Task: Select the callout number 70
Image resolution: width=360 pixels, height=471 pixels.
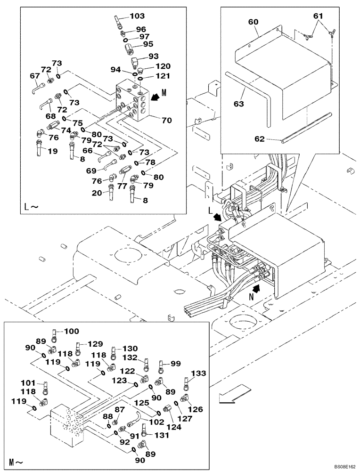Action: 166,120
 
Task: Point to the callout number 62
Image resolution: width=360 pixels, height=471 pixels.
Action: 260,139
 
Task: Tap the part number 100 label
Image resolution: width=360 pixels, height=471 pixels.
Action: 72,332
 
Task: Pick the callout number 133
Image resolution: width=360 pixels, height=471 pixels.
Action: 199,373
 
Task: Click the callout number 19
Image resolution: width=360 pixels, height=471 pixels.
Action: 40,151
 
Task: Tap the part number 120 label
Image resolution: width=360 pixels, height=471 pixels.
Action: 163,66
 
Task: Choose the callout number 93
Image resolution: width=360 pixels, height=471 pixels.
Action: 154,56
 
